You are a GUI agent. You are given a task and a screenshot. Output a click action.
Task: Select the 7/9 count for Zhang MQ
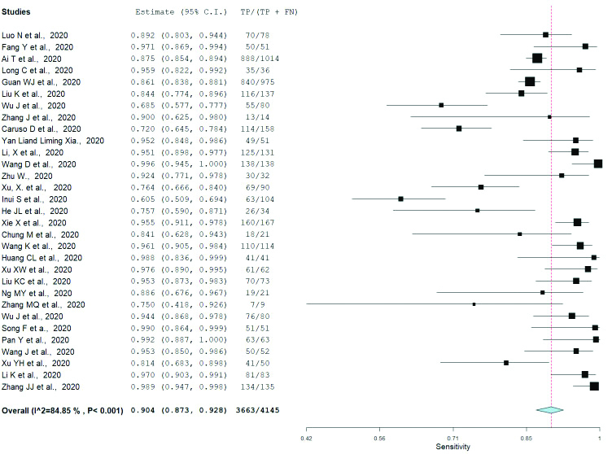(x=260, y=304)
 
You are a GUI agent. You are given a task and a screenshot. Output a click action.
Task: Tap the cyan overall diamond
(x=549, y=410)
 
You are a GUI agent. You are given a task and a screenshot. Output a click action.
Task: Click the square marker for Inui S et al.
(x=400, y=199)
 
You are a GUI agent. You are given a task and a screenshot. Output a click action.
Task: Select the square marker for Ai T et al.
(x=536, y=59)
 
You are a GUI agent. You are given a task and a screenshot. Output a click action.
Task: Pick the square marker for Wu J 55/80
(x=441, y=106)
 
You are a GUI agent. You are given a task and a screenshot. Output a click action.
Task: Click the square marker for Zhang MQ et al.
(x=474, y=304)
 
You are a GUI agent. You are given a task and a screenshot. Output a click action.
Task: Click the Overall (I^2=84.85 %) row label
(x=62, y=410)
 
